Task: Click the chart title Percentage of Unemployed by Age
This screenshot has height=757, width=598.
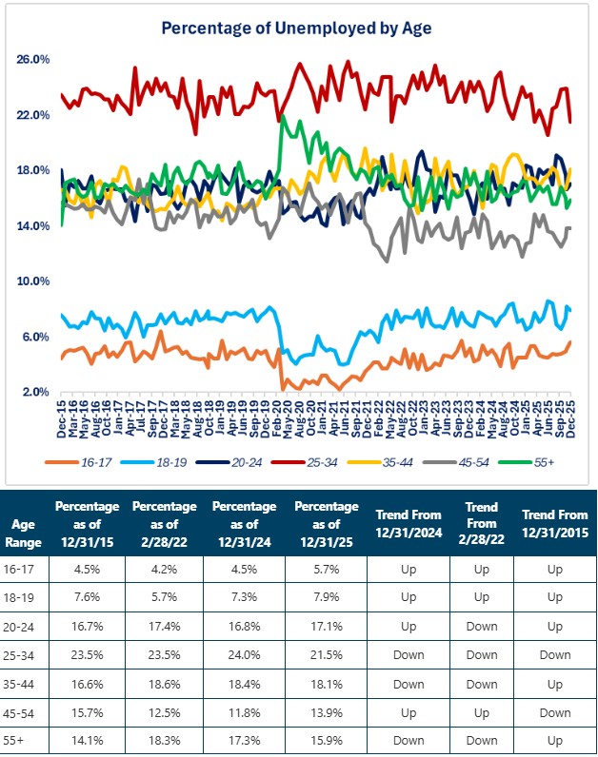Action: tap(296, 28)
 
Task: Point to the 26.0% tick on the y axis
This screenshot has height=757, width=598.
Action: tap(33, 59)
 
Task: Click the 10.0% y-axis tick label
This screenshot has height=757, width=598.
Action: tap(33, 281)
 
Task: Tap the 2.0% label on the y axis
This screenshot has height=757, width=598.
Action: tap(33, 392)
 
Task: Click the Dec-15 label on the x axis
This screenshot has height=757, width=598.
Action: tap(62, 417)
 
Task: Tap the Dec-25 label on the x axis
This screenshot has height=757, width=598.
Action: tap(569, 417)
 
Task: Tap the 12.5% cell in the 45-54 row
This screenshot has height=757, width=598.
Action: tap(163, 708)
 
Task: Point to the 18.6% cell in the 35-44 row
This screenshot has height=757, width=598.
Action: tap(163, 682)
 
